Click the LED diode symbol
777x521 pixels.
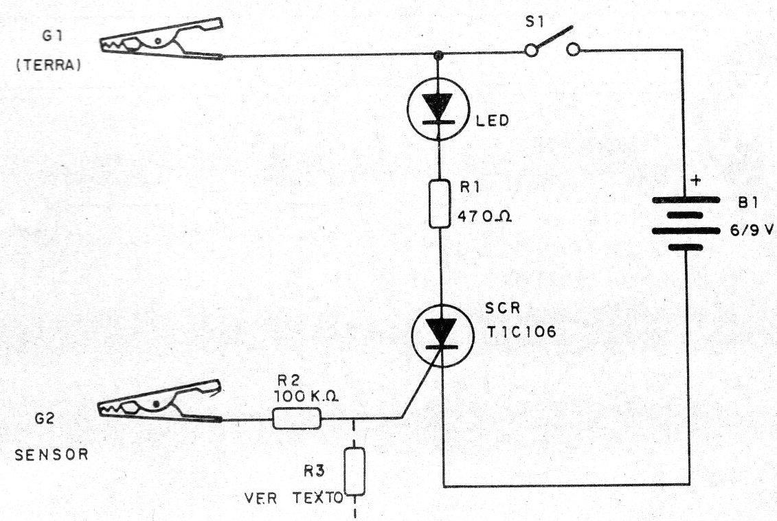438,111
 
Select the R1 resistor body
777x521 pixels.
439,202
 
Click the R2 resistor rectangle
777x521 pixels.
297,417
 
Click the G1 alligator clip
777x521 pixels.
162,45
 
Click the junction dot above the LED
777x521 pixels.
439,54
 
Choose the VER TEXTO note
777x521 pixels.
293,498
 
